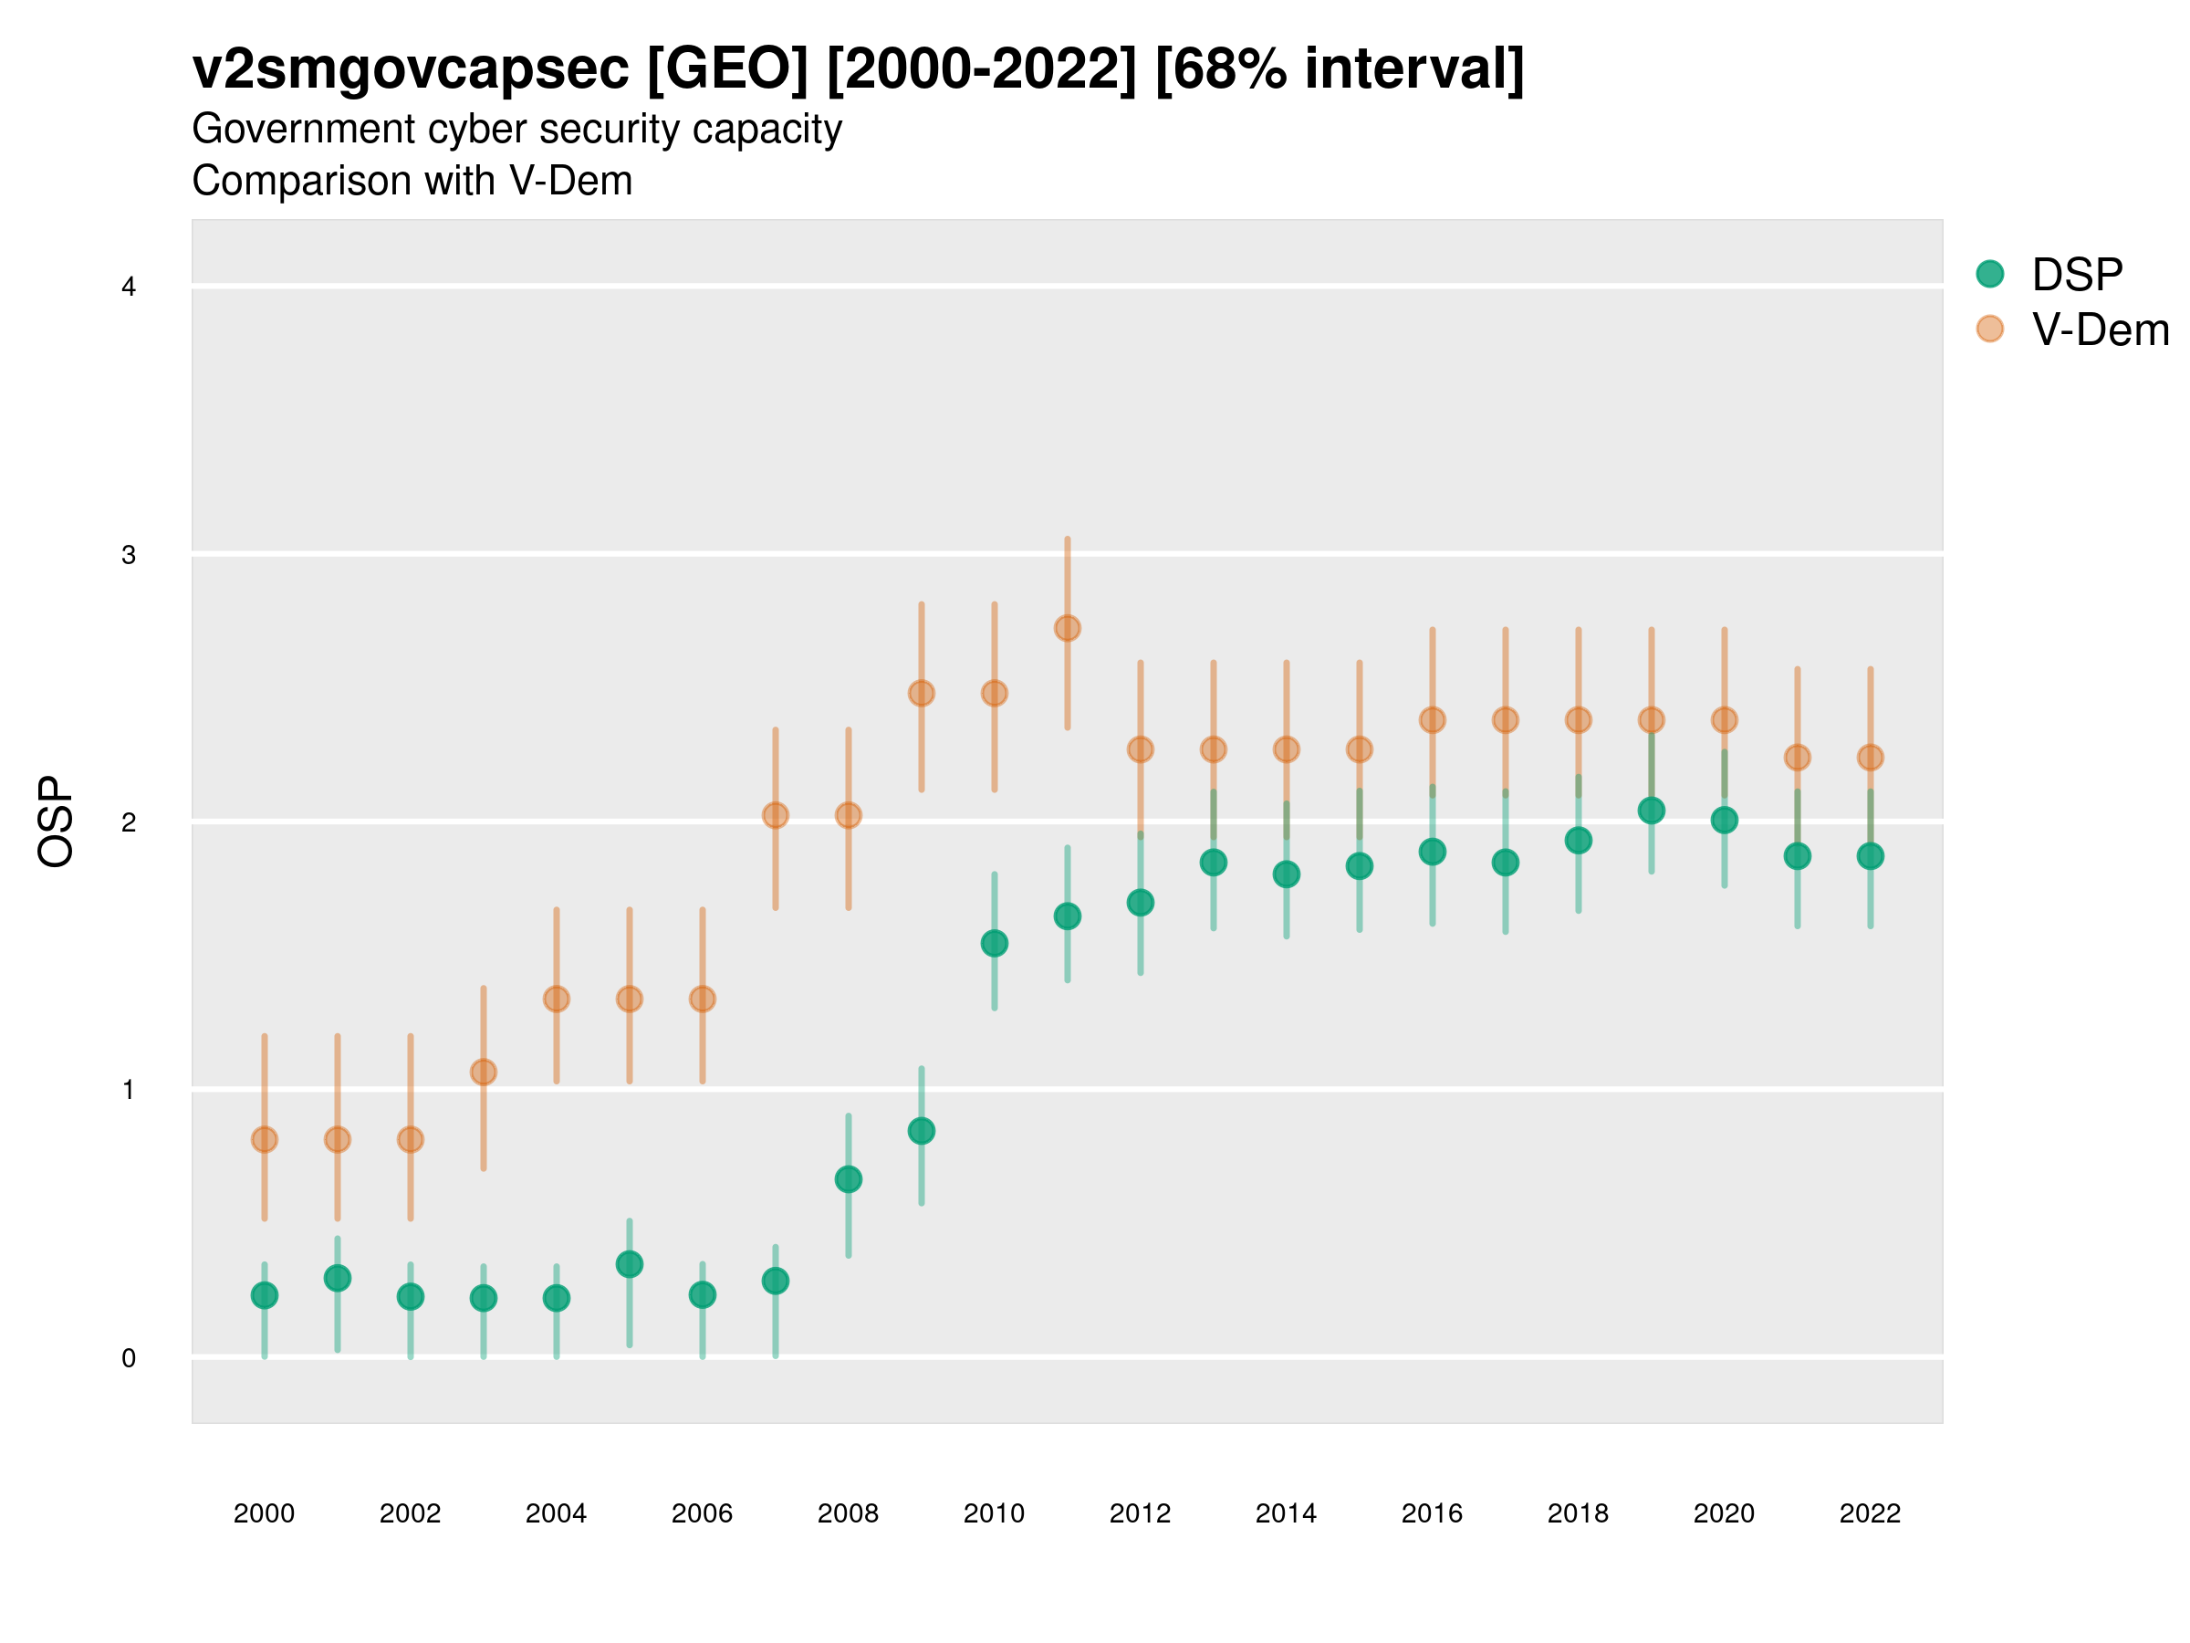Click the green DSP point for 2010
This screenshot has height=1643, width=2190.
[994, 944]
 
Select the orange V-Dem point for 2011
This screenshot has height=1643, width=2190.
[1068, 628]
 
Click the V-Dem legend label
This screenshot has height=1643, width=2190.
[2100, 330]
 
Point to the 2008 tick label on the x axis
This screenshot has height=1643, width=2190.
[848, 1513]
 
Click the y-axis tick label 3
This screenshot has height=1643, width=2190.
[129, 555]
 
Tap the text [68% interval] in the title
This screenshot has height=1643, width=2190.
[1340, 69]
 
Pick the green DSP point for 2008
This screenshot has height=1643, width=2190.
[849, 1179]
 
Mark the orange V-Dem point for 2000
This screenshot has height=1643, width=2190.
[265, 1140]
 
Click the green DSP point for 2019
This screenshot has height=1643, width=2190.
[1652, 811]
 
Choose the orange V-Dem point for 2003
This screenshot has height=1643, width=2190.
[483, 1073]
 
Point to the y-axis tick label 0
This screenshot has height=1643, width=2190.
[129, 1358]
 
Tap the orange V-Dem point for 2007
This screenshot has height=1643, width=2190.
[776, 816]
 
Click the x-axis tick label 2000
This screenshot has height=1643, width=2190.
[264, 1513]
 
